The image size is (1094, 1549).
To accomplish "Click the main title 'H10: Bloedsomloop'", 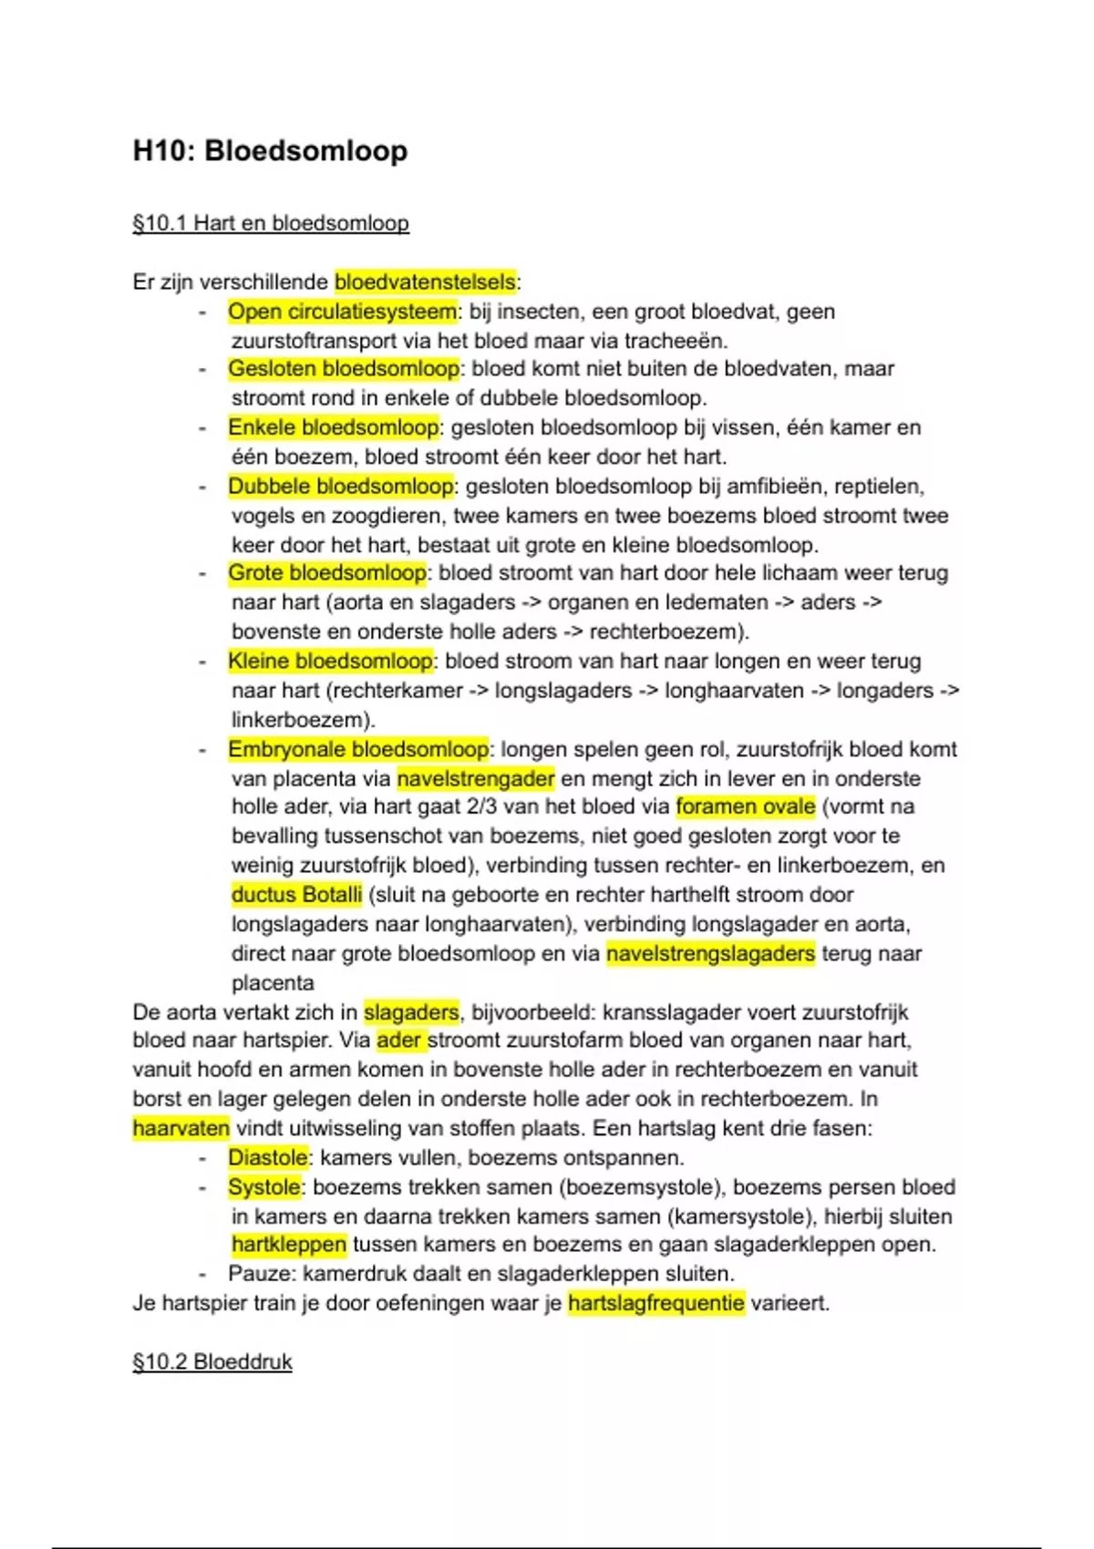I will [x=270, y=150].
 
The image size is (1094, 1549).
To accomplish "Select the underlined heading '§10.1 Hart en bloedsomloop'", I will [x=270, y=223].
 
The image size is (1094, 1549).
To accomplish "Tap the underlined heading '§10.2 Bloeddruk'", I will [x=212, y=1361].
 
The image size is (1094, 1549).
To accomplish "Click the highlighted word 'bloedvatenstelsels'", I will [x=425, y=282].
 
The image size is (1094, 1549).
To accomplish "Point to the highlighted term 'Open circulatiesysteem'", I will [x=342, y=312].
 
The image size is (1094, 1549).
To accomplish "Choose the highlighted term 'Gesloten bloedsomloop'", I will [x=344, y=369].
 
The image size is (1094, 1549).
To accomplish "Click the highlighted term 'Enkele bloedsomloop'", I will [x=334, y=427].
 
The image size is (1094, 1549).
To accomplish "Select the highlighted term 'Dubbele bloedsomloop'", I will [x=341, y=487].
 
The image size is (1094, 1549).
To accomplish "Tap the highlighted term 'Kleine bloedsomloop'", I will [x=330, y=661].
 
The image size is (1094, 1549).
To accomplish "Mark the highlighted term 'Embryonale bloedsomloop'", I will [x=358, y=749].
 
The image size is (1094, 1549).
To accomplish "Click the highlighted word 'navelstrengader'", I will [x=476, y=779].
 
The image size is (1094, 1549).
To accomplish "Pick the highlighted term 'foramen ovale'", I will [x=745, y=806].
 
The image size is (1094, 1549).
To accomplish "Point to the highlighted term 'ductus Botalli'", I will [x=296, y=895].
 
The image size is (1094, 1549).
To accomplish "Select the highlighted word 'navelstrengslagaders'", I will [x=710, y=953].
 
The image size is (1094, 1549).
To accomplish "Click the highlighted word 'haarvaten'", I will [x=181, y=1128].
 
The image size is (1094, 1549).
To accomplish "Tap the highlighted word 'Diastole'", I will [x=268, y=1158].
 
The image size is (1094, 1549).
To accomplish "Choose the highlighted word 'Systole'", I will [x=263, y=1187].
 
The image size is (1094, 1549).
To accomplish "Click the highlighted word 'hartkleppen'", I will [x=289, y=1245].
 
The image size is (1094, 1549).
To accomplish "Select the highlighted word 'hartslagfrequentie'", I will [x=655, y=1303].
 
